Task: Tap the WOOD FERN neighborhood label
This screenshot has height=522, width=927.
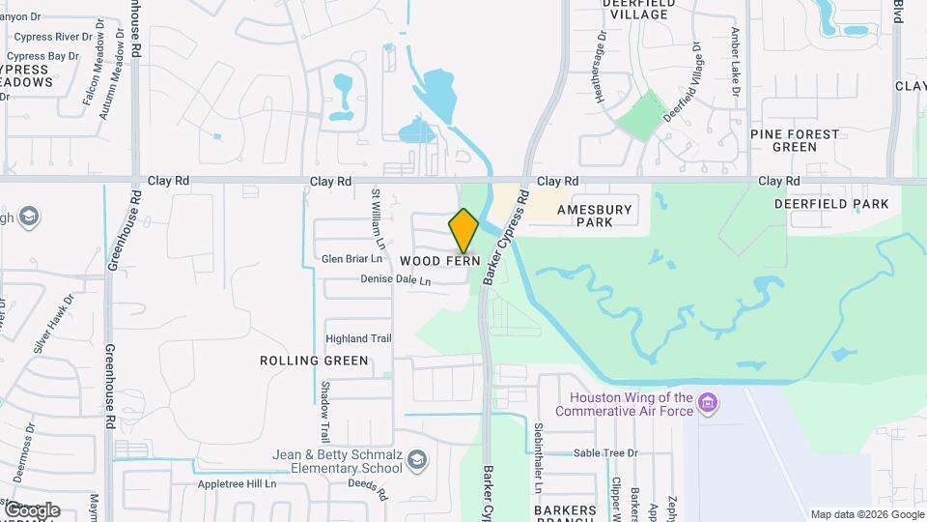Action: pos(439,261)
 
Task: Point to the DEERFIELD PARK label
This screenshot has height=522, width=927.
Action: pos(831,205)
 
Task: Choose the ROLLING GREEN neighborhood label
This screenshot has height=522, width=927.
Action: pos(314,361)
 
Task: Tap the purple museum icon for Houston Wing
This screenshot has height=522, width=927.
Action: pos(708,401)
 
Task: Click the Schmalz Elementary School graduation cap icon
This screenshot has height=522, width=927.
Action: pos(416,458)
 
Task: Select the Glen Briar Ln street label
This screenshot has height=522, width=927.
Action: pos(351,259)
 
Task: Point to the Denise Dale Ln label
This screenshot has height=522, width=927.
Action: pos(395,280)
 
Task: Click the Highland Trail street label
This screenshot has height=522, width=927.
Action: pos(358,338)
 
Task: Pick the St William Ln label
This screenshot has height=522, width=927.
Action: pos(379,219)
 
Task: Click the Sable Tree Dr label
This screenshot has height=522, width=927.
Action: pos(606,452)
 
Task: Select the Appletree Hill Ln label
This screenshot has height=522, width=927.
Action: pos(237,484)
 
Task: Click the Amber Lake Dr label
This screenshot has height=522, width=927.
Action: pos(736,62)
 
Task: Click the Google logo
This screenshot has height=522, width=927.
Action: pos(32,509)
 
